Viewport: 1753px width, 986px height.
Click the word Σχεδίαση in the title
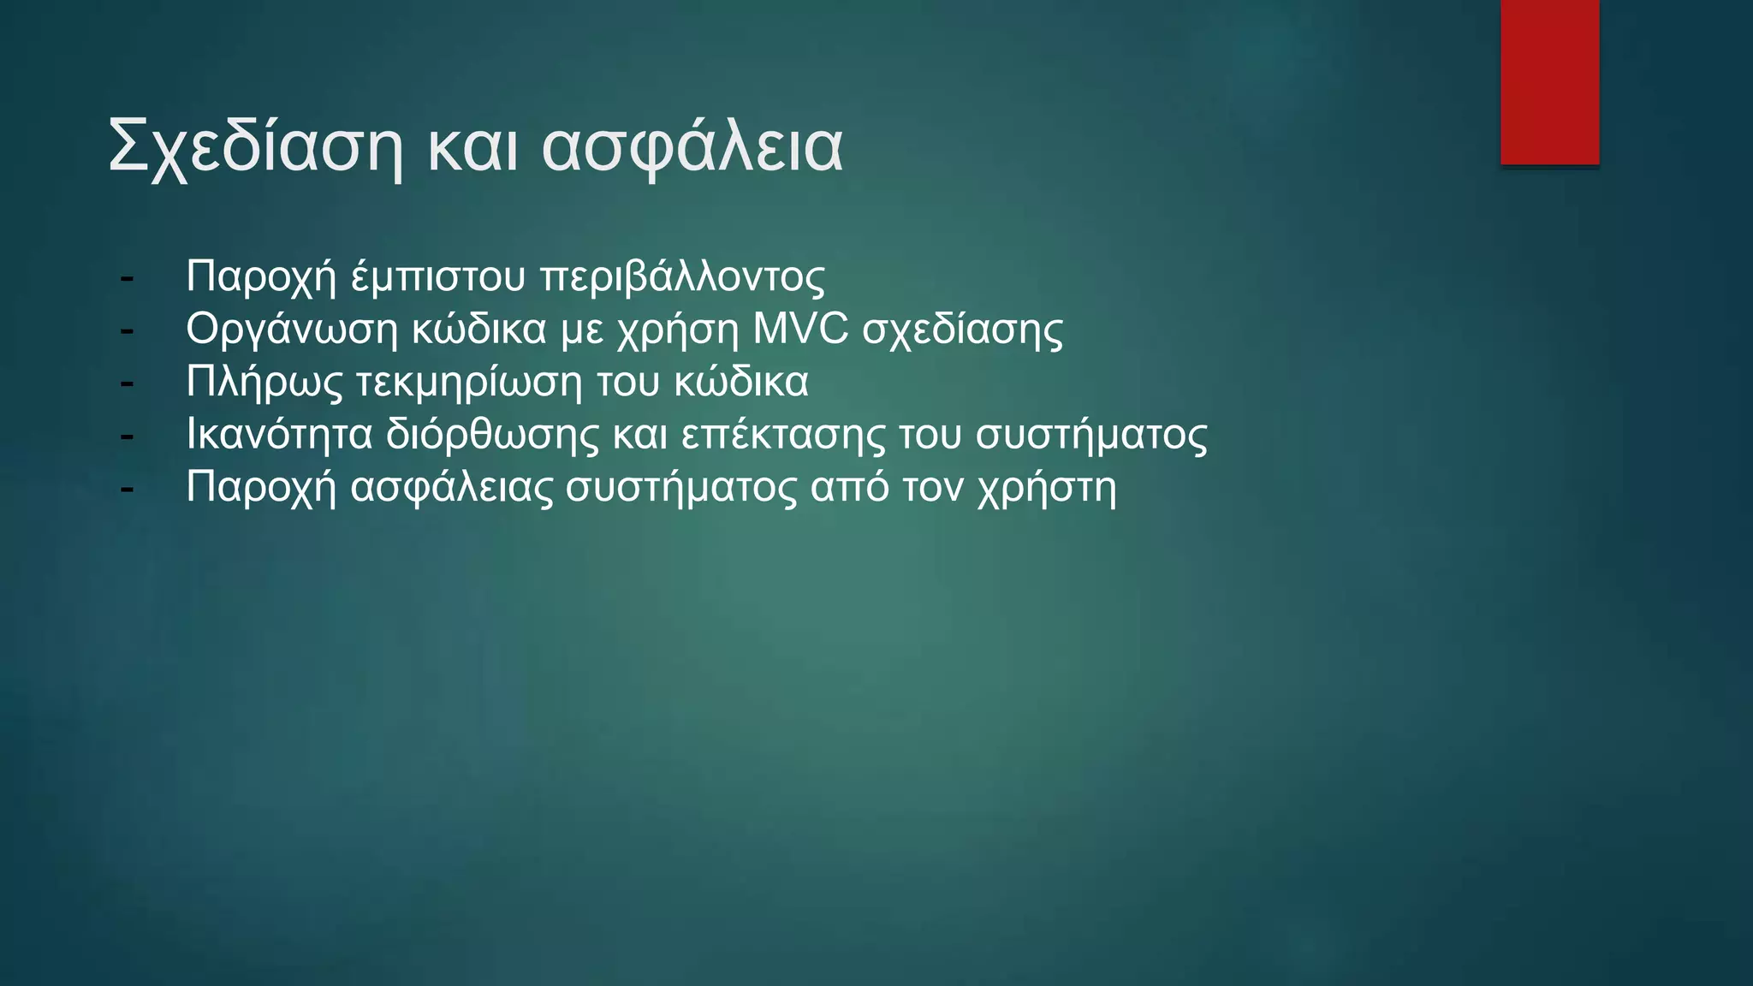(x=255, y=147)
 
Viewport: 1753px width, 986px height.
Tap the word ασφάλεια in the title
(x=692, y=147)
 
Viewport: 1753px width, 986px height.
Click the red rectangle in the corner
(x=1549, y=82)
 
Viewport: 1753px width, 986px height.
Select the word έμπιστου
(x=437, y=277)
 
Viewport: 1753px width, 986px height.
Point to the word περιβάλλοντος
(x=683, y=277)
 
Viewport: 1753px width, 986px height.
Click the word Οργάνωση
(x=292, y=330)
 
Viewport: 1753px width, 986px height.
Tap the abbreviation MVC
(x=800, y=330)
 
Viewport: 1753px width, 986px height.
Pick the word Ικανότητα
(x=279, y=435)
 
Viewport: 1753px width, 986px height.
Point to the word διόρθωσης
(x=492, y=435)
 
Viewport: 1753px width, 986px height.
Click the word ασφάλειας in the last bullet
(x=452, y=488)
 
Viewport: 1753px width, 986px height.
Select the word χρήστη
(x=1047, y=489)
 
